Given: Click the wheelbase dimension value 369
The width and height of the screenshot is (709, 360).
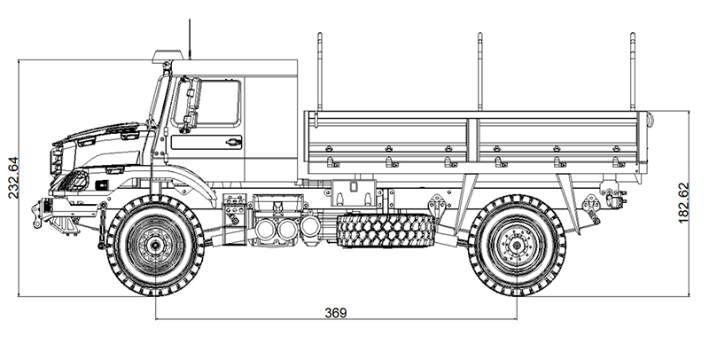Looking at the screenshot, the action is (336, 312).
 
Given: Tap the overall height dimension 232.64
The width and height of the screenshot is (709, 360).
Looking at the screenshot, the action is (13, 177).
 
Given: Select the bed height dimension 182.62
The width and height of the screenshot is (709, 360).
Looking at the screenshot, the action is (683, 203).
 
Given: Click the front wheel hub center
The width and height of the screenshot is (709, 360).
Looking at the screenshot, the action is (155, 246).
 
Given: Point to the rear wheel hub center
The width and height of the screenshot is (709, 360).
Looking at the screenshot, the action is (517, 246).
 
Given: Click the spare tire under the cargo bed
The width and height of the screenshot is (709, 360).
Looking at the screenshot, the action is (386, 231).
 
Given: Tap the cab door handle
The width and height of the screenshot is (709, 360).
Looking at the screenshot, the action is (233, 142).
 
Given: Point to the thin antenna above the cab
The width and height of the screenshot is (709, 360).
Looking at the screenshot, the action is (190, 39).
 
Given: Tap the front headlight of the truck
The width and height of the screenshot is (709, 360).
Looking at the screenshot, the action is (75, 178).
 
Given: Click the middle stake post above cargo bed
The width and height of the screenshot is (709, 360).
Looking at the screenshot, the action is (479, 72).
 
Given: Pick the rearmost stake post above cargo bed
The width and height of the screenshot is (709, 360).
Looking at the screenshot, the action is (632, 72).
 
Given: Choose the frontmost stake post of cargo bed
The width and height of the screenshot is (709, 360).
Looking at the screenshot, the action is (320, 72).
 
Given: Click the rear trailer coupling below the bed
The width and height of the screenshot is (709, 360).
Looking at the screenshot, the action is (612, 195).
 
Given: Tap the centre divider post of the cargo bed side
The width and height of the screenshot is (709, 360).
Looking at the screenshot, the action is (473, 140).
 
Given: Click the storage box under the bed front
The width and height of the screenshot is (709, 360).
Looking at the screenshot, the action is (354, 192).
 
